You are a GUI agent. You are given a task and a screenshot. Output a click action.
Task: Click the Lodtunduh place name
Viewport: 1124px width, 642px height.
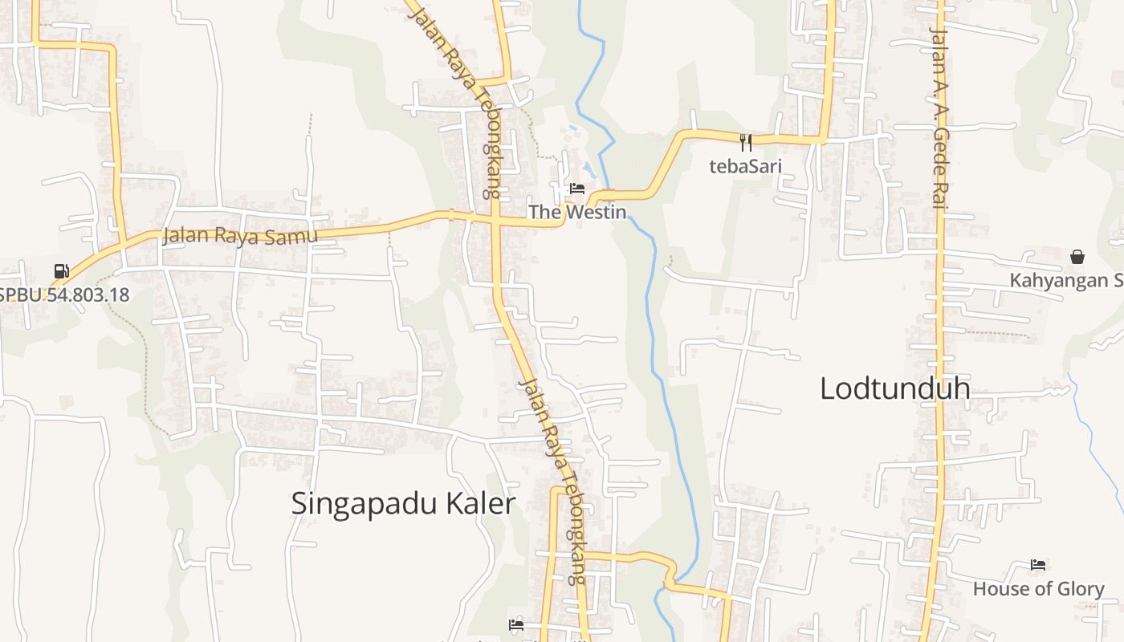pos(894,388)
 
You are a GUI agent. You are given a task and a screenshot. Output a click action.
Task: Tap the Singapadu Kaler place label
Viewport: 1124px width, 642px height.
pos(402,504)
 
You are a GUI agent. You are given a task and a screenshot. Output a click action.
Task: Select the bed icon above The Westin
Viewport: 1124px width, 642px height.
pos(576,189)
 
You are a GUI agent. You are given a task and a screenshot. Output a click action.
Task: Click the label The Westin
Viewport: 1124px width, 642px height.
pos(576,212)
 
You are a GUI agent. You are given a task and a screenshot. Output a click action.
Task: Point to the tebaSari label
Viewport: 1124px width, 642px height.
pos(745,166)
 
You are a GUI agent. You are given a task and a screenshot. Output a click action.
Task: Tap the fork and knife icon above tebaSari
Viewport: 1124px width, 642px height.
pos(746,143)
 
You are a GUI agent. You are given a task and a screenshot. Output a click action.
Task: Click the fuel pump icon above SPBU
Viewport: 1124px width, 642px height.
pos(61,271)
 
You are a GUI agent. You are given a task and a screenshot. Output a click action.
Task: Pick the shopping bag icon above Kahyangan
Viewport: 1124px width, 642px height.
pos(1077,257)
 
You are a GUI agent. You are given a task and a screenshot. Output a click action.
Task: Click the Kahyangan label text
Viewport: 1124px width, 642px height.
pos(1066,280)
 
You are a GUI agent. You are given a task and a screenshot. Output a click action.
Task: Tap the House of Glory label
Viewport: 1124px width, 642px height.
pos(1038,589)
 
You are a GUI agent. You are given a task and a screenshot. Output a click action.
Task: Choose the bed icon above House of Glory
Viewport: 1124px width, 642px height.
pos(1037,565)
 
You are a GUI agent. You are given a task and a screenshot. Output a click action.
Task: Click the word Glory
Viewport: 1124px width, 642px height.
pos(1077,589)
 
